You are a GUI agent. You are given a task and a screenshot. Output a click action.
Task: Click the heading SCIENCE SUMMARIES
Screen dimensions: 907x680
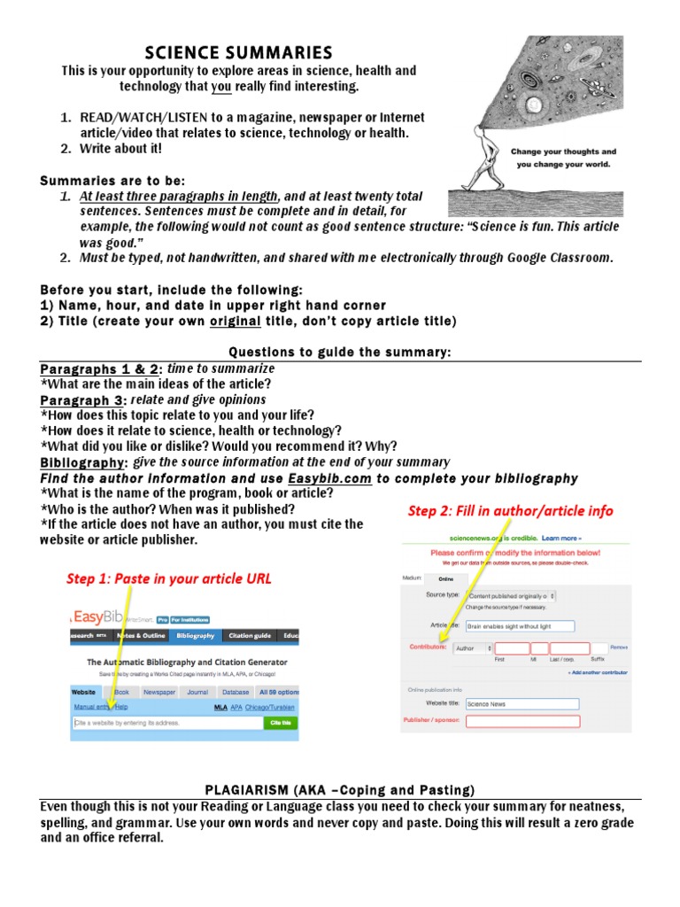click(x=239, y=52)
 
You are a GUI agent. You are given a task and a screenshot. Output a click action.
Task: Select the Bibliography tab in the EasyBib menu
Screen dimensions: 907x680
click(x=195, y=635)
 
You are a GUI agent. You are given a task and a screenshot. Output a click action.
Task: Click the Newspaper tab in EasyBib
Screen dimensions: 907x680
click(x=159, y=692)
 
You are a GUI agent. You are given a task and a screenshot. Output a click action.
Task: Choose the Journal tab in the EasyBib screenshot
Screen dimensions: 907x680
click(x=197, y=692)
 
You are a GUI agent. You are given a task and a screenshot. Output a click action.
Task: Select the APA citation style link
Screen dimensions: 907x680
click(x=236, y=707)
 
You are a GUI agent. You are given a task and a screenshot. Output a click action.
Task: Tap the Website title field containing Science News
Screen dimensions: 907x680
click(x=522, y=704)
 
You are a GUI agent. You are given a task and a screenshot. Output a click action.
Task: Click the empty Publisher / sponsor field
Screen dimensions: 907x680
click(x=522, y=721)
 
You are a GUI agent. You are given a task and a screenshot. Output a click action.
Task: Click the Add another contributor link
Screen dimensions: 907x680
click(x=598, y=672)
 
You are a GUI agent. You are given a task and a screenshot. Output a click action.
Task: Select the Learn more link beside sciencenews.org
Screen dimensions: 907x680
click(x=561, y=538)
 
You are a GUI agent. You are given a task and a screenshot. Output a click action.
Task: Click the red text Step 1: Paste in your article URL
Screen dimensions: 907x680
click(x=169, y=578)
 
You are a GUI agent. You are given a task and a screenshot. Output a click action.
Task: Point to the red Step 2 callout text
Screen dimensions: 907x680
click(x=510, y=511)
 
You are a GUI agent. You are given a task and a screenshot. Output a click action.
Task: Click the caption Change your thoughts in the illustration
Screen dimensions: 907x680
click(x=563, y=151)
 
